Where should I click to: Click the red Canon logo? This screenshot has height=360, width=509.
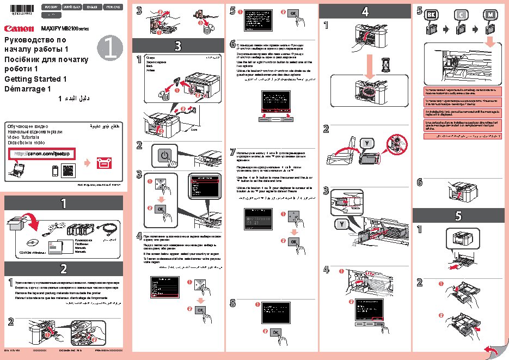pyautogui.click(x=17, y=28)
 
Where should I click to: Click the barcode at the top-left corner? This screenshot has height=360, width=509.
pyautogui.click(x=16, y=6)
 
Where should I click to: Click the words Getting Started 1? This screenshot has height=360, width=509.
pyautogui.click(x=35, y=79)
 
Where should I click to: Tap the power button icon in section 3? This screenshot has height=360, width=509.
pyautogui.click(x=165, y=156)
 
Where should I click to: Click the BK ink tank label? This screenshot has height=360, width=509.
pyautogui.click(x=431, y=14)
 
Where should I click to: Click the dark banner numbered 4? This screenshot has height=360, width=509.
pyautogui.click(x=365, y=11)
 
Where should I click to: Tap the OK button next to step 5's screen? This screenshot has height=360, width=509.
pyautogui.click(x=291, y=13)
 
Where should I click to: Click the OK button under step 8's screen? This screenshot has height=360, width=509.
pyautogui.click(x=275, y=332)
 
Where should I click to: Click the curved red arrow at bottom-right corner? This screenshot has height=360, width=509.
pyautogui.click(x=491, y=350)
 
